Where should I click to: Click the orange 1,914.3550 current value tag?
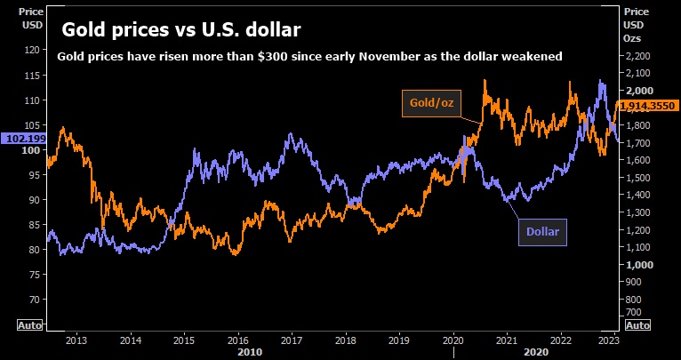point(648,106)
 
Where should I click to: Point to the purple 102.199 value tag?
point(22,139)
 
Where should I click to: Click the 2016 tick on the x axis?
point(236,339)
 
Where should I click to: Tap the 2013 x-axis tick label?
point(76,339)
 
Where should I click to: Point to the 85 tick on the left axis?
point(33,225)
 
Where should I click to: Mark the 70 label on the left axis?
point(33,300)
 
